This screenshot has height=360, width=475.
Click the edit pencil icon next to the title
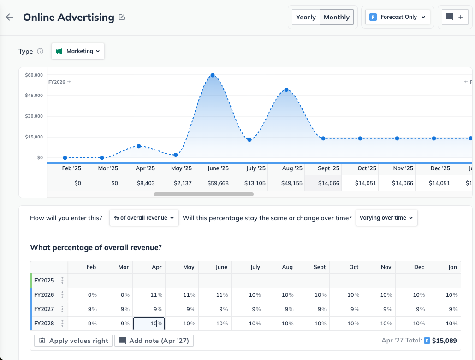(122, 18)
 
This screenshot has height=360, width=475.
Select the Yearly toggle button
(306, 17)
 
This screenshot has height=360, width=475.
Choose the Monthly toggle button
(336, 17)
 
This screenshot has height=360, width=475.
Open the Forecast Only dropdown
(398, 17)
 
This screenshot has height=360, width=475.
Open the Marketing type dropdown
(78, 51)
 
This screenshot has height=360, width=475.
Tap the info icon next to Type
(40, 51)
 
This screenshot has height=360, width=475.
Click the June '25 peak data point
(213, 75)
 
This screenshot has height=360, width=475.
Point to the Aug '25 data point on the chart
(286, 90)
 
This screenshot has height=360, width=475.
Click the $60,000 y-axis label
(34, 75)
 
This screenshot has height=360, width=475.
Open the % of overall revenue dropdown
(144, 218)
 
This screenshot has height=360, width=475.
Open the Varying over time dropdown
(386, 218)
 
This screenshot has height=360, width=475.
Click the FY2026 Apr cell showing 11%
(149, 295)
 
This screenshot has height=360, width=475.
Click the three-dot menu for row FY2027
(62, 309)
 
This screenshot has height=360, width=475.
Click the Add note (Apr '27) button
(154, 341)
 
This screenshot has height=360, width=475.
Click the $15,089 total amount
(444, 341)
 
